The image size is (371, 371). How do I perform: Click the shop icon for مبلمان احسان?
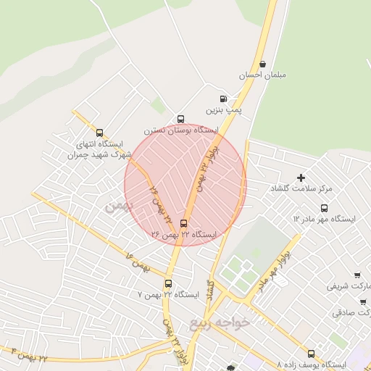(262, 64)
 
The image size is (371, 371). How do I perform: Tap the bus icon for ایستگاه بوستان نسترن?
(180, 120)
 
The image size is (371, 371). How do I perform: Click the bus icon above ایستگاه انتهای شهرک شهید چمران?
(99, 133)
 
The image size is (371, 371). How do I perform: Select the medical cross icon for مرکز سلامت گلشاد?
(301, 178)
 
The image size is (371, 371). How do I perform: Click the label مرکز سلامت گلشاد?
(301, 188)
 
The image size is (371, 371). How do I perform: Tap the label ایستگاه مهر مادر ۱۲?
(325, 217)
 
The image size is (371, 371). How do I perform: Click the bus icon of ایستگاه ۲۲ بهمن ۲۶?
(183, 223)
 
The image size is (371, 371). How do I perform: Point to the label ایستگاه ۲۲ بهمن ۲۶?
(184, 235)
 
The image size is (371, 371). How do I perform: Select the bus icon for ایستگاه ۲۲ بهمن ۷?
(168, 283)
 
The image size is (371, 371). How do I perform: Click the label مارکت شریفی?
(349, 286)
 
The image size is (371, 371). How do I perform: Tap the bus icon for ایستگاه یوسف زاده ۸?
(312, 354)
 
